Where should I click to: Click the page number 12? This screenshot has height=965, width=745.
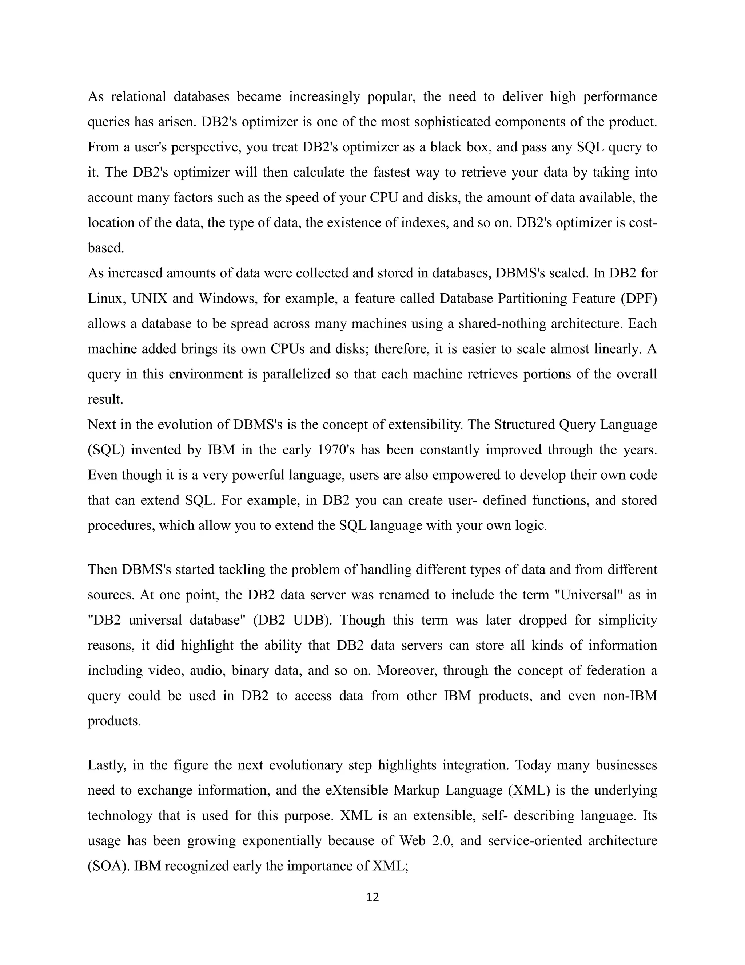tap(372, 897)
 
